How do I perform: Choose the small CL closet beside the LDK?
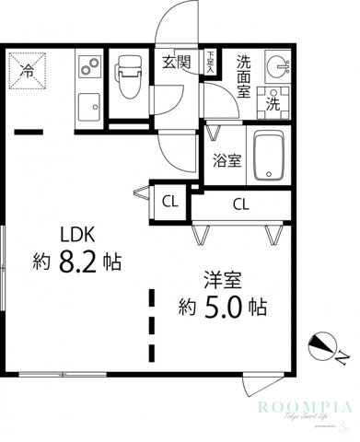(170, 200)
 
